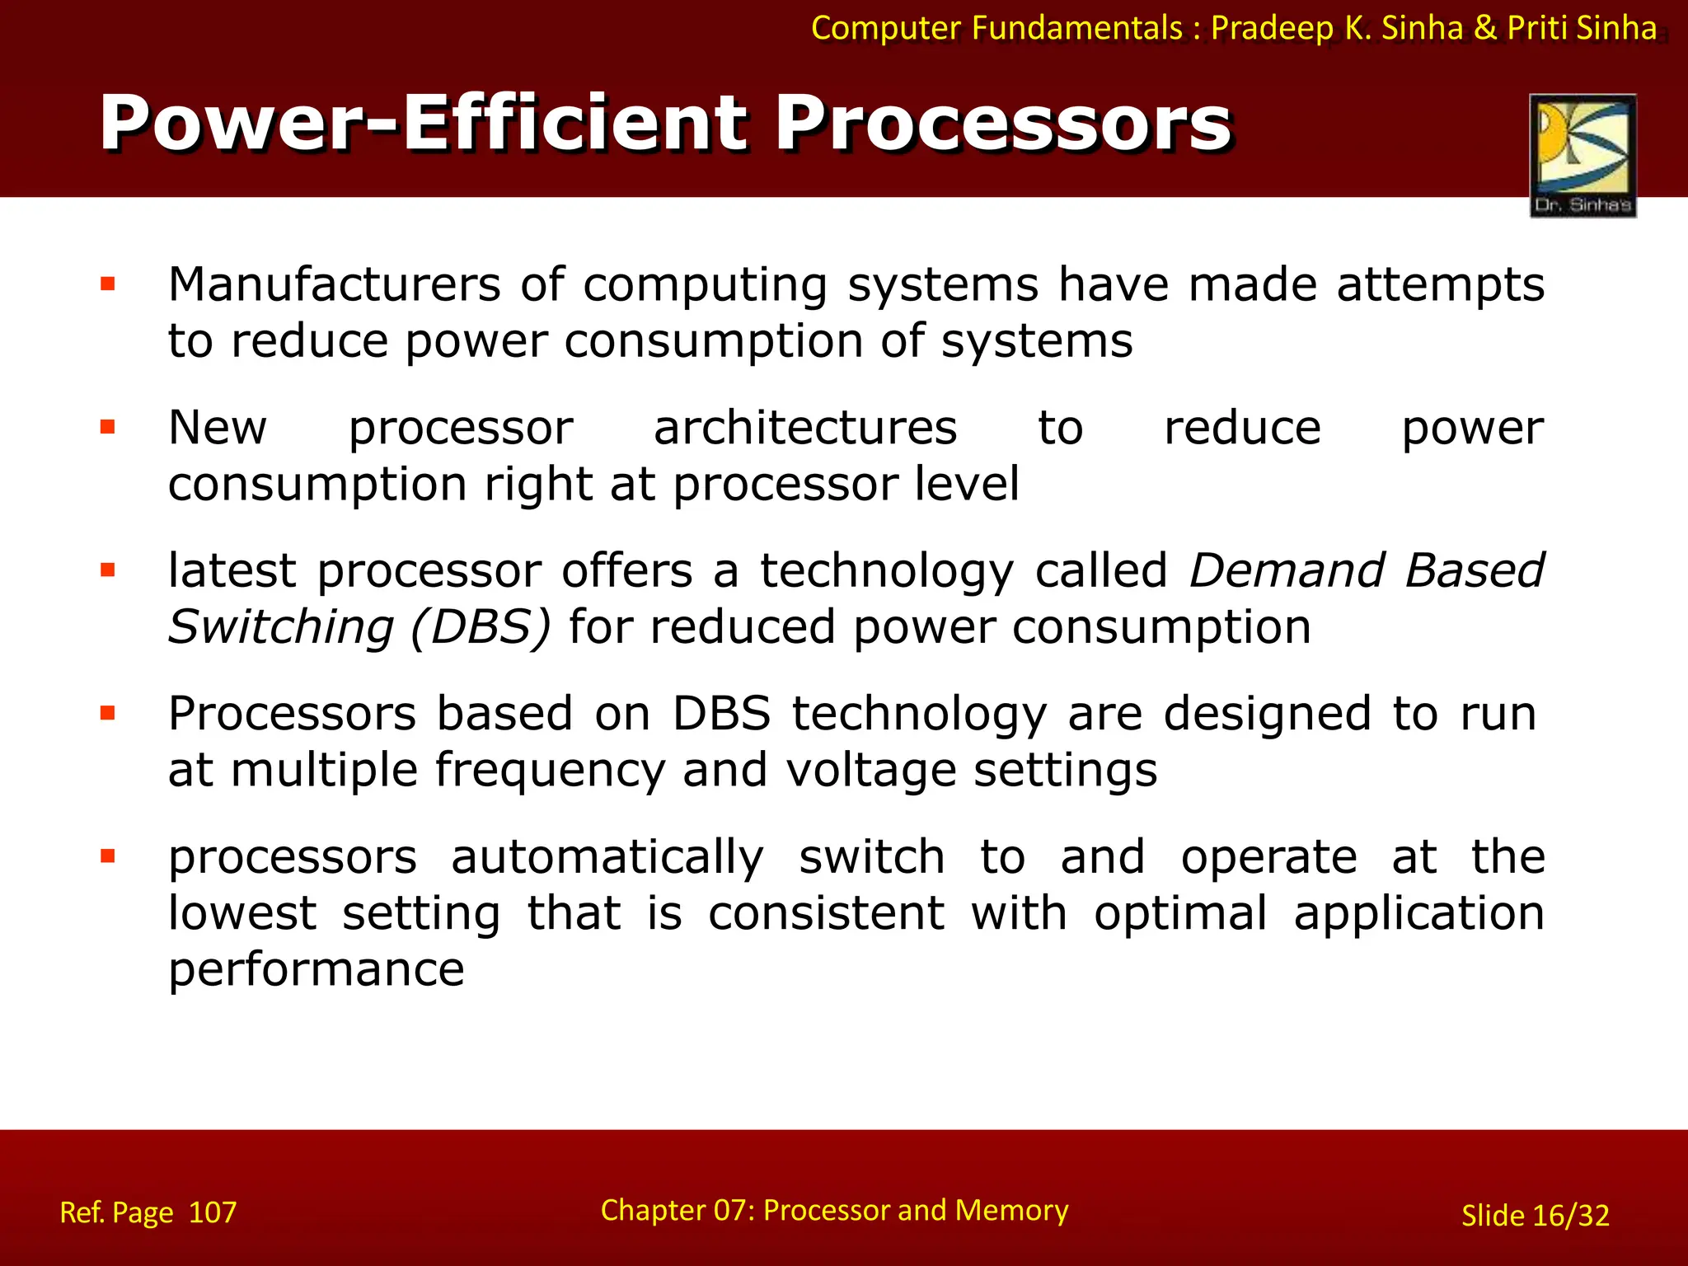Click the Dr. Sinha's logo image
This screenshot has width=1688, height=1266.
click(1582, 155)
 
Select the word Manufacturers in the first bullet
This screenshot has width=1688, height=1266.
click(334, 285)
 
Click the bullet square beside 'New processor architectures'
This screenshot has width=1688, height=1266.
click(107, 427)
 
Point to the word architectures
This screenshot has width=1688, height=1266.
click(805, 429)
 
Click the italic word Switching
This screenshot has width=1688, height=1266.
click(281, 627)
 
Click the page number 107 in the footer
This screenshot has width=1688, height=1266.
click(213, 1212)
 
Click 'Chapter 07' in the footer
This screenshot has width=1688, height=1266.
click(675, 1210)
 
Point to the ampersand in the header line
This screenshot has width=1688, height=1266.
click(1484, 28)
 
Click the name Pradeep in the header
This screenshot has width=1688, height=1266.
click(1272, 29)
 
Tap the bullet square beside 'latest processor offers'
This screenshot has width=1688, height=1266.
click(107, 570)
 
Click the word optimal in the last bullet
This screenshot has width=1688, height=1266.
click(1180, 914)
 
